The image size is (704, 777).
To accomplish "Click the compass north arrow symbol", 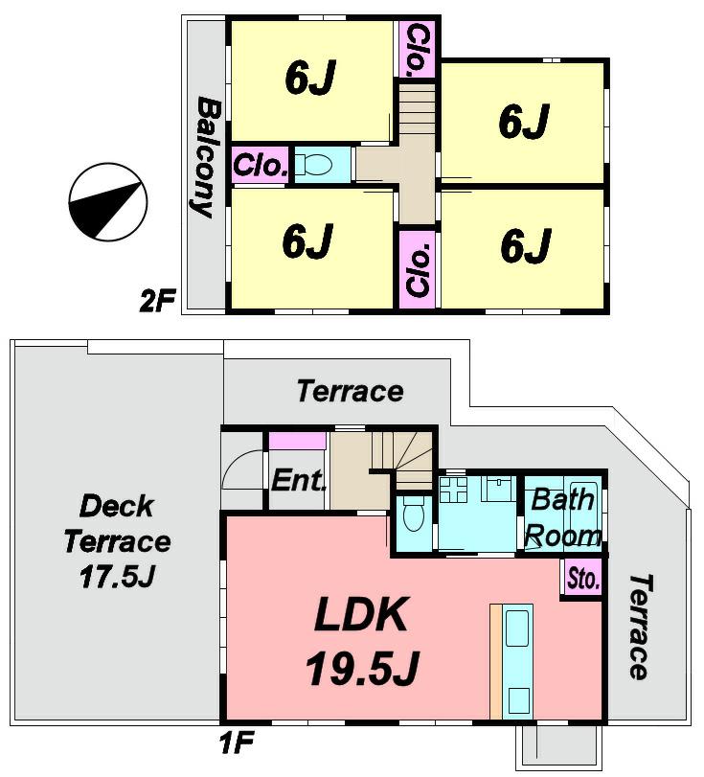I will point(107,202).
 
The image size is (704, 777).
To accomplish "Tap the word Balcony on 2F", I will point(206,156).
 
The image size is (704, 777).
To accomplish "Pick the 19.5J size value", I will point(361,669).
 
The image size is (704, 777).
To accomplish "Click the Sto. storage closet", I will point(582,580).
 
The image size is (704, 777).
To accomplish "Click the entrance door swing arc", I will point(241,471).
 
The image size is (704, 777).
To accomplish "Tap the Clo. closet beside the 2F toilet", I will point(261,165).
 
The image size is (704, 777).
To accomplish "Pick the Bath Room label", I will point(563,517).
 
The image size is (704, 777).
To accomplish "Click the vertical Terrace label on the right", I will point(639,627).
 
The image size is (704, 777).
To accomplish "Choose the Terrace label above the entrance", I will point(349,391).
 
